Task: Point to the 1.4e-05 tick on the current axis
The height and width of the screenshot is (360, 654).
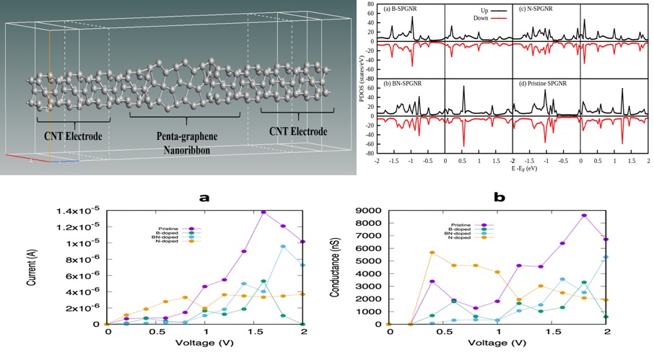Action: pyautogui.click(x=81, y=211)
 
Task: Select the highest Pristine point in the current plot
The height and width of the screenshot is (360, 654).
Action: pyautogui.click(x=263, y=212)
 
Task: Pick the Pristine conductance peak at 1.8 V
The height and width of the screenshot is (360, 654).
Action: pyautogui.click(x=584, y=216)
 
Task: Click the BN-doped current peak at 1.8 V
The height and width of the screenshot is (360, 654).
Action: pyautogui.click(x=283, y=247)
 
